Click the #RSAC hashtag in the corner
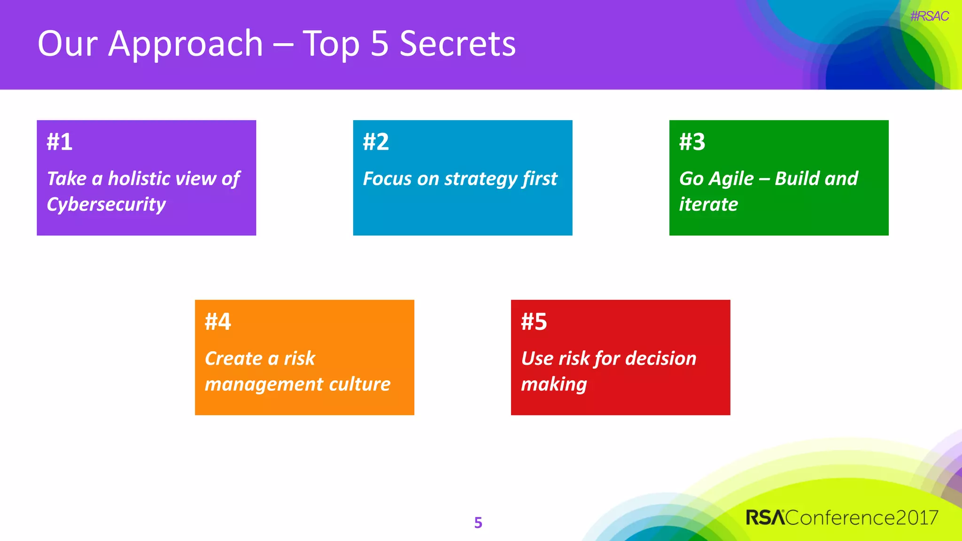(929, 16)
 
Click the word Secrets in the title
(458, 44)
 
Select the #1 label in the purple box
(60, 142)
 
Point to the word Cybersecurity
(106, 205)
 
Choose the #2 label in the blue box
(376, 142)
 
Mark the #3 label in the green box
(692, 142)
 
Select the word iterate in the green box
(708, 205)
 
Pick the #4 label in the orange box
(218, 322)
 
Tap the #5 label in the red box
(534, 322)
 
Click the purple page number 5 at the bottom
(478, 523)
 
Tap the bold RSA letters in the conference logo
(765, 518)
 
